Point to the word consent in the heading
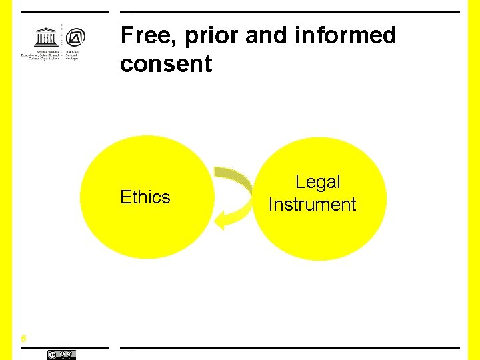[166, 64]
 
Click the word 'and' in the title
[263, 35]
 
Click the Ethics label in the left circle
[145, 197]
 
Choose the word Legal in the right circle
[317, 182]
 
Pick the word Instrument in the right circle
[312, 204]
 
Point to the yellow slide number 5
[23, 339]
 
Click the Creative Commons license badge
[61, 355]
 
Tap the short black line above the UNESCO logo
[64, 12]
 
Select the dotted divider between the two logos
[62, 41]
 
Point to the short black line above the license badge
[64, 348]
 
